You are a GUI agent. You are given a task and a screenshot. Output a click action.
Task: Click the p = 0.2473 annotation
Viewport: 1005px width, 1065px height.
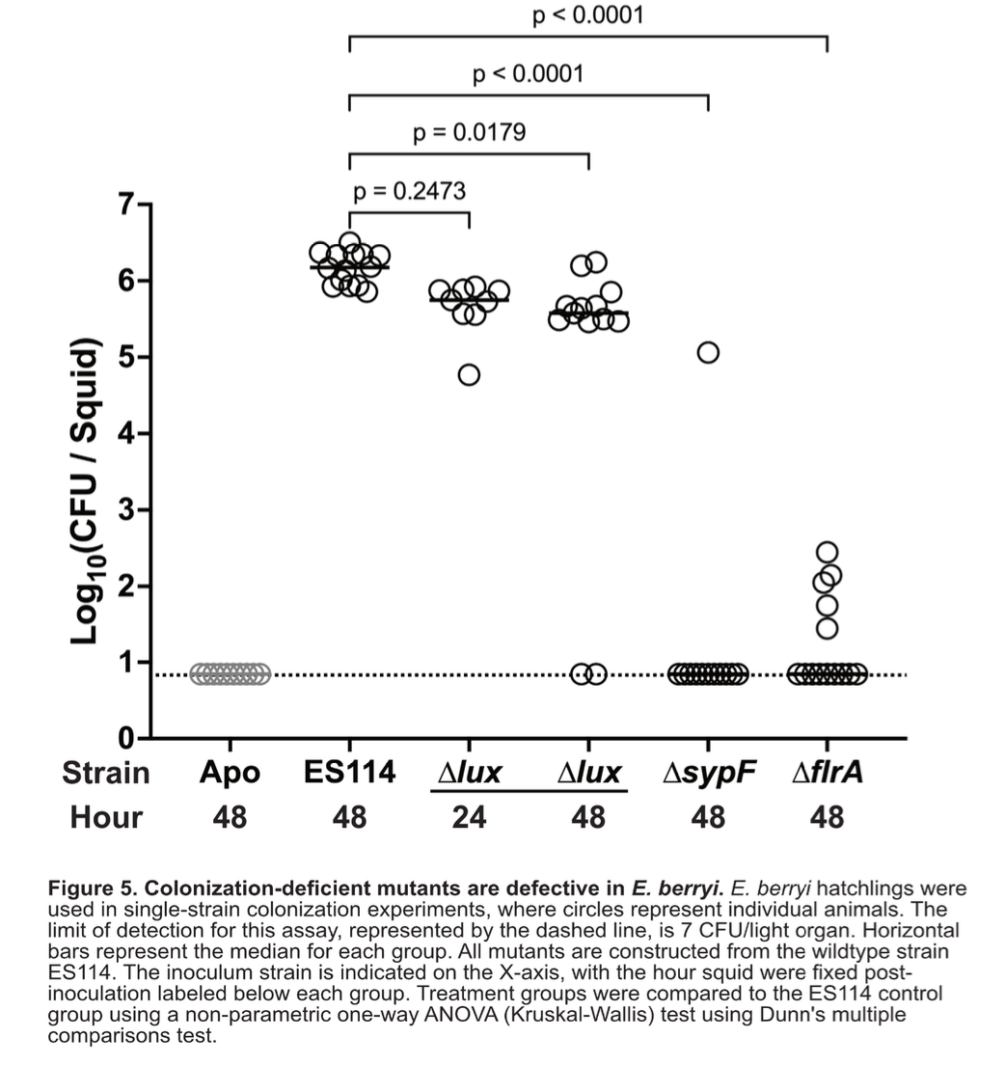point(410,191)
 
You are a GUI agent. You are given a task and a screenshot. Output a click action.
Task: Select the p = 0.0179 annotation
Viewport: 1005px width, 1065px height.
point(469,132)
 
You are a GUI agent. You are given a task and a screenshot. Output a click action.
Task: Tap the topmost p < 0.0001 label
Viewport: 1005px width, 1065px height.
point(587,15)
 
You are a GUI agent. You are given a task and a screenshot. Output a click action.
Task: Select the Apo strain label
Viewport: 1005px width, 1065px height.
point(230,773)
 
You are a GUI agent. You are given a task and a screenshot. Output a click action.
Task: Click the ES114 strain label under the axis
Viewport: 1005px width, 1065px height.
point(349,773)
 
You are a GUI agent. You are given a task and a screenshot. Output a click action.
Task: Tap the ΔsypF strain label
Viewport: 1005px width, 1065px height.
point(708,773)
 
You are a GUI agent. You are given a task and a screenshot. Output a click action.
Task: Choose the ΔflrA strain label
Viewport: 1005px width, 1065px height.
point(827,773)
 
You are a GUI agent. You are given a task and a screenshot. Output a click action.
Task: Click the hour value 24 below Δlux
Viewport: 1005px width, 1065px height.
point(469,818)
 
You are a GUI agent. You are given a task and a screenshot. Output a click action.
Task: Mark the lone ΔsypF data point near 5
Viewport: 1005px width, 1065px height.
point(708,352)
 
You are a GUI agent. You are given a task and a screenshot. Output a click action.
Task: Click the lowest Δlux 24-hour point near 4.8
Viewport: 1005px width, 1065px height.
point(469,374)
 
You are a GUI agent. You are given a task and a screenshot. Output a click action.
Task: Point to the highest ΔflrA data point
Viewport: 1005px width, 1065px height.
point(827,553)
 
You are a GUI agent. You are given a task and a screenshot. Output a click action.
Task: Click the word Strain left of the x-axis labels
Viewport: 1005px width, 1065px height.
point(106,773)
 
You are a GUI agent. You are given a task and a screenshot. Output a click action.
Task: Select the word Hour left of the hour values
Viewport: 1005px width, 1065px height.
point(106,818)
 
